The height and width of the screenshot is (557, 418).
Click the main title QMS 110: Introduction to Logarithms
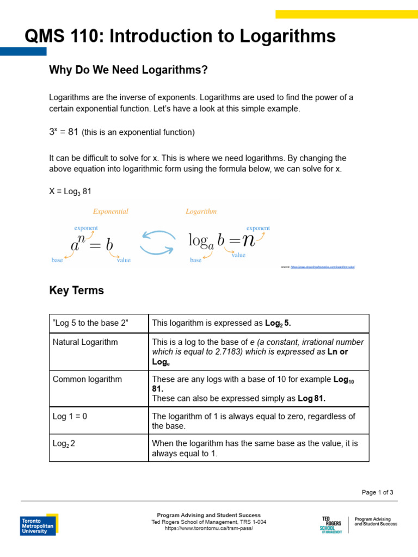180,36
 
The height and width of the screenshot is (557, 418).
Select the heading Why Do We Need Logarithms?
128,70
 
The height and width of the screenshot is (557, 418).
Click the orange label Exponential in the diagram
110,212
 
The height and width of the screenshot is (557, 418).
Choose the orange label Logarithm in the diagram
201,212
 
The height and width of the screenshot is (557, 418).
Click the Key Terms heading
76,290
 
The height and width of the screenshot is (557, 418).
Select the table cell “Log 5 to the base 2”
90,323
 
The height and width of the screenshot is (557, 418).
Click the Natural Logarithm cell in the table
85,342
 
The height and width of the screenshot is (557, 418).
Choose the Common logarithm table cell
87,379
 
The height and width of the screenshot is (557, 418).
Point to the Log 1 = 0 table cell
70,416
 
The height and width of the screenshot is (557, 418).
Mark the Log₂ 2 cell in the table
64,443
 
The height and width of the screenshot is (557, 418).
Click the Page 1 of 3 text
377,492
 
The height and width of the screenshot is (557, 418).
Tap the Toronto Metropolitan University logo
39,524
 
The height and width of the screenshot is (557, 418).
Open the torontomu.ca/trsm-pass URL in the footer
208,528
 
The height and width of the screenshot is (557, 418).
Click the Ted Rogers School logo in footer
331,524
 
